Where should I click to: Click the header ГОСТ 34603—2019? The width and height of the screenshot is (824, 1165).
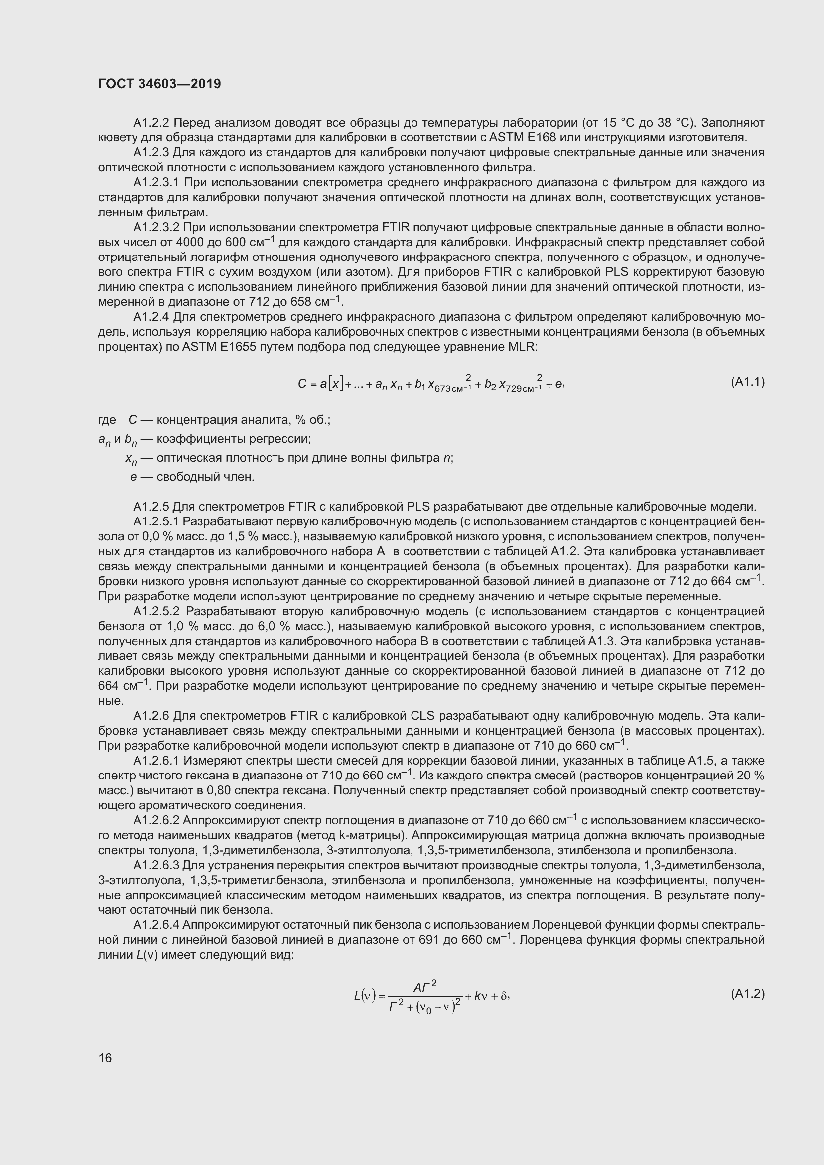pyautogui.click(x=159, y=84)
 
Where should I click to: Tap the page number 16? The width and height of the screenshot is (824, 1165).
pyautogui.click(x=105, y=1058)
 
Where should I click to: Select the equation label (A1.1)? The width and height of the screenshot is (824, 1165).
pyautogui.click(x=747, y=382)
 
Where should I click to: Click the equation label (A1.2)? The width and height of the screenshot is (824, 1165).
pyautogui.click(x=747, y=994)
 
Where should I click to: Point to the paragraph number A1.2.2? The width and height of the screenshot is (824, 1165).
pyautogui.click(x=151, y=123)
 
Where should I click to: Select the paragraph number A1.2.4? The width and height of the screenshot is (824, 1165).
pyautogui.click(x=151, y=317)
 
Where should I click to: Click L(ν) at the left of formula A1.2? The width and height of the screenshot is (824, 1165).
pyautogui.click(x=365, y=996)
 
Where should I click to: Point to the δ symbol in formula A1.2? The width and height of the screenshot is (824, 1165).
pyautogui.click(x=504, y=996)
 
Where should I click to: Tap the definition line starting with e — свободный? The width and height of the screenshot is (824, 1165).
pyautogui.click(x=193, y=477)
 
